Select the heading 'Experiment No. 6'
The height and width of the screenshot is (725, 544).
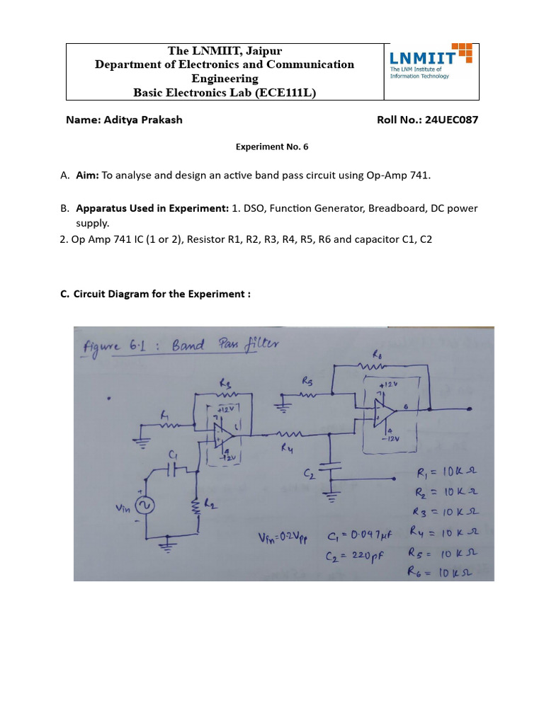coord(272,147)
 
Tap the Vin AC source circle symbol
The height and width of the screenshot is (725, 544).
coord(147,504)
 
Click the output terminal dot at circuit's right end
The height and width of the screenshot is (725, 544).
coord(429,409)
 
